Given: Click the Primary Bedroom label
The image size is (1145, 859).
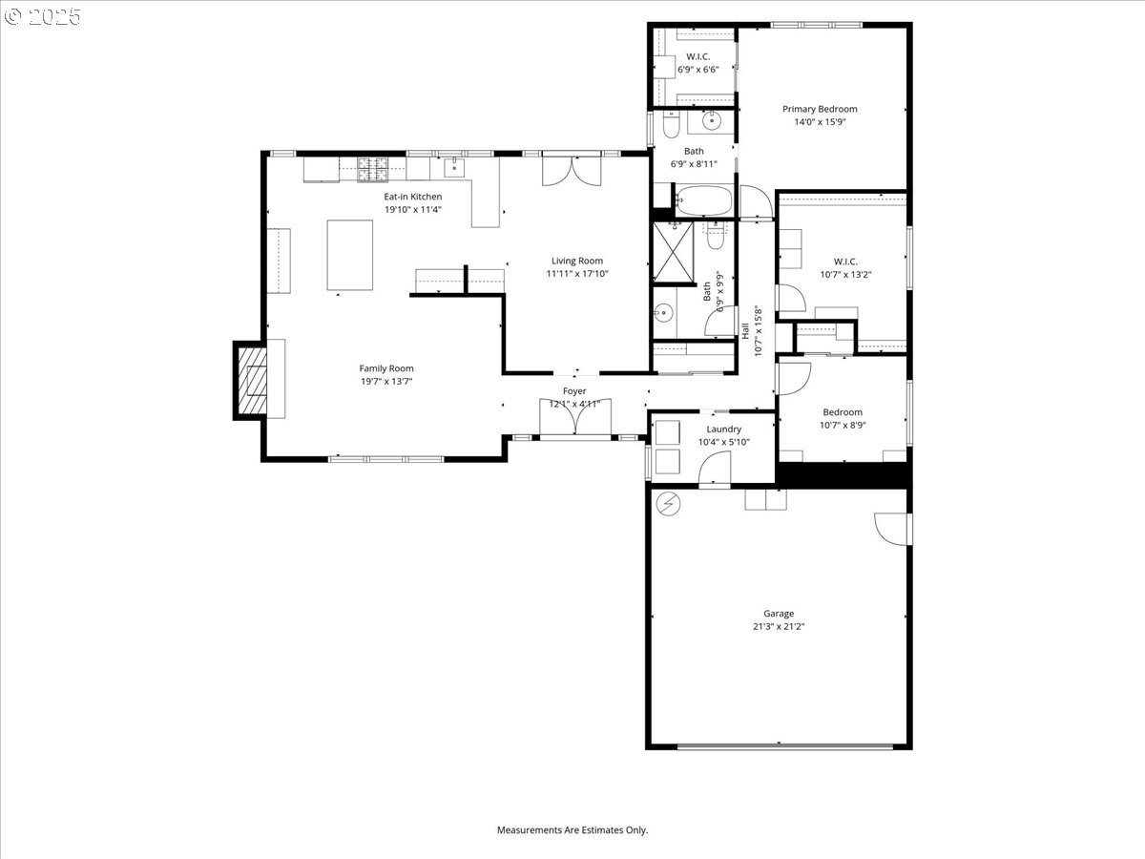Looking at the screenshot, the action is pyautogui.click(x=820, y=109).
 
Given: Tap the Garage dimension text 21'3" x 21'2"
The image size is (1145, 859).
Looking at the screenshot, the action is pyautogui.click(x=779, y=626).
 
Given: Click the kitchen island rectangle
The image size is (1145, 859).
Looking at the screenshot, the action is pyautogui.click(x=349, y=255).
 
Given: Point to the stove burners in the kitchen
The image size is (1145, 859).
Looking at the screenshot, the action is pyautogui.click(x=372, y=170).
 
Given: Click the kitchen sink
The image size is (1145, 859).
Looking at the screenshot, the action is pyautogui.click(x=454, y=167).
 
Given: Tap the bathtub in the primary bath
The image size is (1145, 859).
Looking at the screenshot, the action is pyautogui.click(x=703, y=200).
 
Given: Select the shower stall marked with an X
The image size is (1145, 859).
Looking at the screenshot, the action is pyautogui.click(x=674, y=252).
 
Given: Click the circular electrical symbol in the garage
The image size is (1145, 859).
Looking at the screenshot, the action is pyautogui.click(x=668, y=504).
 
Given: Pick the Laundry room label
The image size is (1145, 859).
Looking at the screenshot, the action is pyautogui.click(x=723, y=429).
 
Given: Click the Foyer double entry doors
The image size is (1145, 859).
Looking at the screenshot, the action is pyautogui.click(x=574, y=417).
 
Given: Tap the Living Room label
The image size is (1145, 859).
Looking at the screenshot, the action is pyautogui.click(x=577, y=261).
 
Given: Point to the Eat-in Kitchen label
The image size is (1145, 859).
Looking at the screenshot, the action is pyautogui.click(x=412, y=197).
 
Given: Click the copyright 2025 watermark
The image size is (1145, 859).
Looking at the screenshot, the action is pyautogui.click(x=42, y=17).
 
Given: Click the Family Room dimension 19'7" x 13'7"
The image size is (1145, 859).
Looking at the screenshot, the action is pyautogui.click(x=386, y=381).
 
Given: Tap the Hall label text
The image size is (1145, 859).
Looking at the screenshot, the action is pyautogui.click(x=745, y=330).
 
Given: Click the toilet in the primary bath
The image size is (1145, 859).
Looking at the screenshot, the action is pyautogui.click(x=671, y=125).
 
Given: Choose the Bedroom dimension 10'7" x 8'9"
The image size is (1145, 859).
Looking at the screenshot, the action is pyautogui.click(x=843, y=425).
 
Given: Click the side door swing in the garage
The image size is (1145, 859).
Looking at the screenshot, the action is pyautogui.click(x=892, y=530).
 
